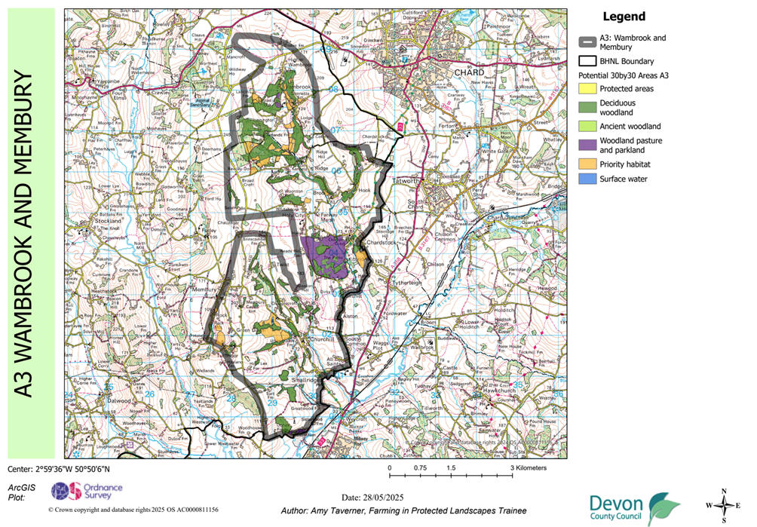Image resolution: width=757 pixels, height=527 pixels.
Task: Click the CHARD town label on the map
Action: coord(469,72)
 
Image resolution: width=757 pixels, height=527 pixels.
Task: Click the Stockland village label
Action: coord(110,222)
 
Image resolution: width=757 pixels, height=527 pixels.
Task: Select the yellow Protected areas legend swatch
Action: coord(588,89)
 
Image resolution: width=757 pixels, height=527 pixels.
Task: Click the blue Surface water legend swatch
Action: coord(588,179)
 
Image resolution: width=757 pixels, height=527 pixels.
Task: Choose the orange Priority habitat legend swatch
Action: coord(588,164)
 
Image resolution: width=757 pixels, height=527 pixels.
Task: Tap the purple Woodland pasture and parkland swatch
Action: coord(588,145)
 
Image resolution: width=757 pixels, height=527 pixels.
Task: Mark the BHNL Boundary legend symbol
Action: coord(588,61)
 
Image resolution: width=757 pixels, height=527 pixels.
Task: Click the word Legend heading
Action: coord(624,17)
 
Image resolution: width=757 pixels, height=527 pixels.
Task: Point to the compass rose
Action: coord(725,505)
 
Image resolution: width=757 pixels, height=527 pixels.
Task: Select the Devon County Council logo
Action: coord(634,509)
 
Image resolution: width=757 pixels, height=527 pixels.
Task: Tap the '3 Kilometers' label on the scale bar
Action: coord(529,468)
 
